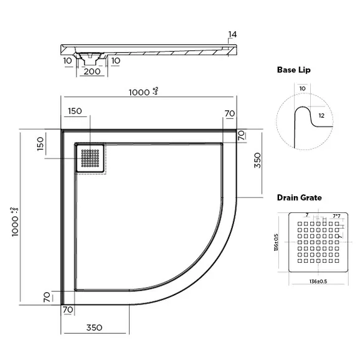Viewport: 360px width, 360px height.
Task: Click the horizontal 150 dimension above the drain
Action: pos(75,111)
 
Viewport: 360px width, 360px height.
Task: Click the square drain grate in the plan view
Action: pos(90,158)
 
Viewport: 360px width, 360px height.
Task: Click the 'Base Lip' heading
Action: pos(294,70)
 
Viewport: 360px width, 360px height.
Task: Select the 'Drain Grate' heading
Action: pos(299,197)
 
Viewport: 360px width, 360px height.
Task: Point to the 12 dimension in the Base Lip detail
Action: pos(321,115)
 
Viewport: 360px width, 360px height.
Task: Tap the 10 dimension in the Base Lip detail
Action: pos(302,89)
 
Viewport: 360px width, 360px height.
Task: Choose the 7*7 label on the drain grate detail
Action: pos(336,216)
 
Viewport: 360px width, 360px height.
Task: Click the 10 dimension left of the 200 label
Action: pos(67,60)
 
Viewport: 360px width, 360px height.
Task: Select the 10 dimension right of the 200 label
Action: pos(116,60)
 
